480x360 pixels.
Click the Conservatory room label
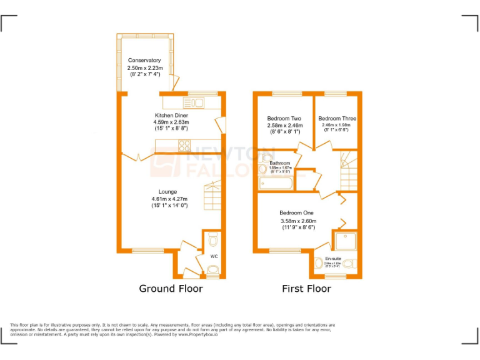point(144,61)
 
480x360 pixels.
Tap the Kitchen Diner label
point(171,116)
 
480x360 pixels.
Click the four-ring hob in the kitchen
point(185,146)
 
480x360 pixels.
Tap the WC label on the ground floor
point(214,257)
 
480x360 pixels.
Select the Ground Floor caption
point(171,289)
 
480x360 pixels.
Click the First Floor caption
point(306,289)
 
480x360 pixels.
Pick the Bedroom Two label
point(284,119)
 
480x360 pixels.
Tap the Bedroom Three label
point(337,119)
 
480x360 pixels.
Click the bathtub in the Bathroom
point(276,183)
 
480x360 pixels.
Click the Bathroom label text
point(276,163)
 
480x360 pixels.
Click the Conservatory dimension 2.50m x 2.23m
point(145,67)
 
